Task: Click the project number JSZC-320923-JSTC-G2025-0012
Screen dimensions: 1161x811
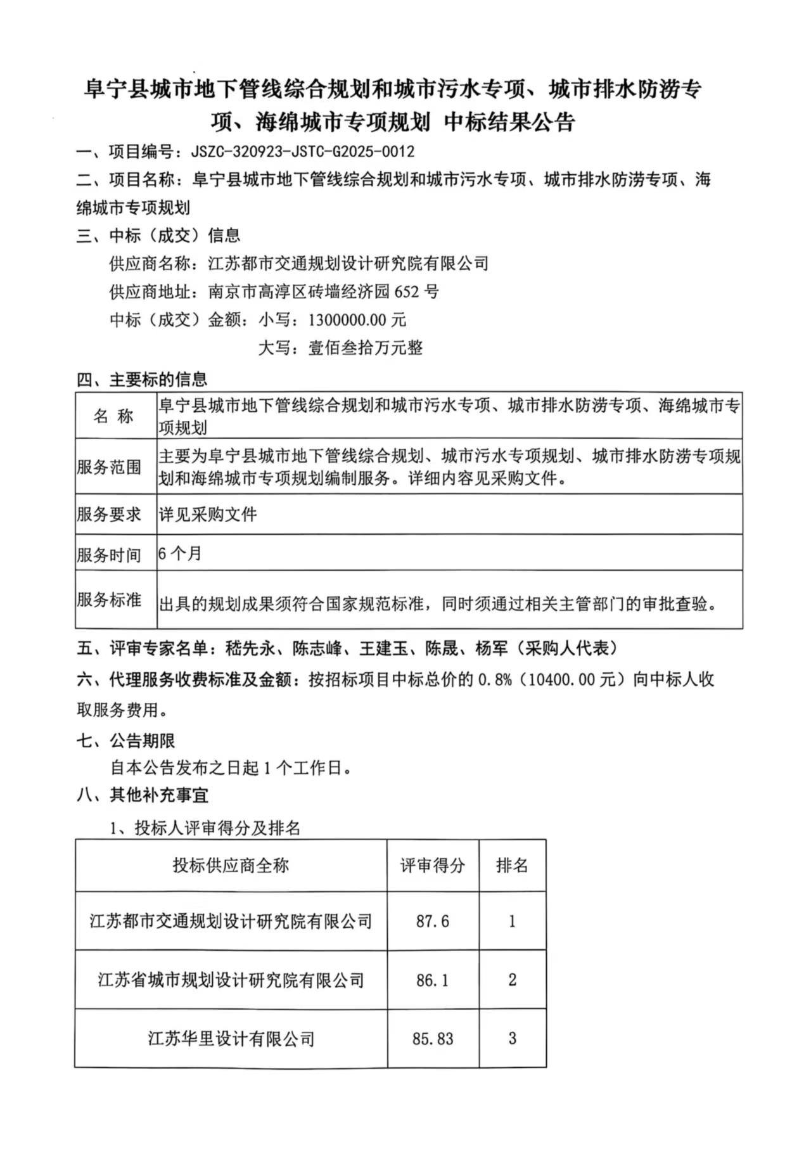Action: point(303,152)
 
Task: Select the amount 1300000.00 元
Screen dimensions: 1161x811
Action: point(357,319)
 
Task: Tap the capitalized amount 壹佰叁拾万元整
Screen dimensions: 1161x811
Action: point(365,348)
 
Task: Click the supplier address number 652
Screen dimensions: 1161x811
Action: point(407,292)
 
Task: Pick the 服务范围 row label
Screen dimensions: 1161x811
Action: point(109,467)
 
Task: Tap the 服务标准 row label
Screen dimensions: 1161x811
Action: point(109,600)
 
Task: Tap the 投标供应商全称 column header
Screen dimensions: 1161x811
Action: point(231,866)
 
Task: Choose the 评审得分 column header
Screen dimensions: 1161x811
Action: point(433,866)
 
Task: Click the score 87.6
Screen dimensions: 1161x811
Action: point(433,921)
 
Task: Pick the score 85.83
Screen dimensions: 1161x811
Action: point(433,1039)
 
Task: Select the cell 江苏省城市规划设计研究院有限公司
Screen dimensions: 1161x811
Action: point(231,980)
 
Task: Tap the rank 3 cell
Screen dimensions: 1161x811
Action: point(512,1039)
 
